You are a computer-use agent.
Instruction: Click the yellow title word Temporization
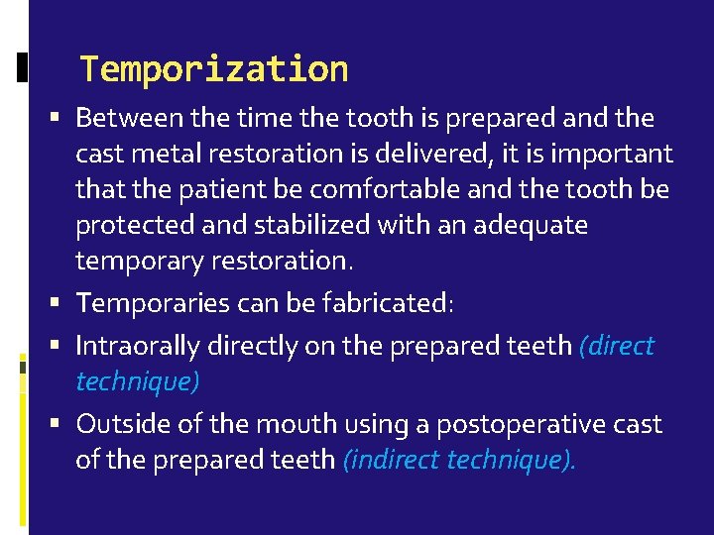click(x=213, y=69)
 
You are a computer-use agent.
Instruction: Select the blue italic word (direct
click(x=617, y=346)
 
